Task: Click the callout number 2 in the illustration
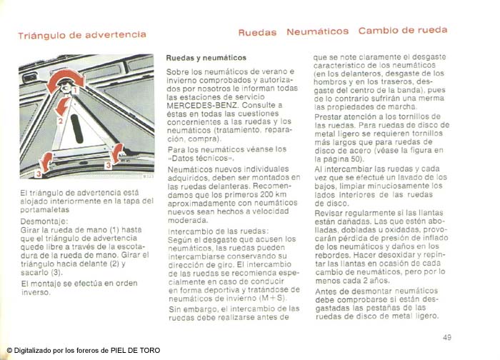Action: (x=60, y=121)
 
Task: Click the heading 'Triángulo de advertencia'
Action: (x=82, y=34)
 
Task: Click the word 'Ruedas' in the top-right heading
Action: (x=257, y=32)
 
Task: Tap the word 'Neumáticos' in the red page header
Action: (x=318, y=31)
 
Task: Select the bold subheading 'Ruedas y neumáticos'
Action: (x=206, y=57)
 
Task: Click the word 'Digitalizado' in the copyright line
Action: (x=34, y=350)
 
